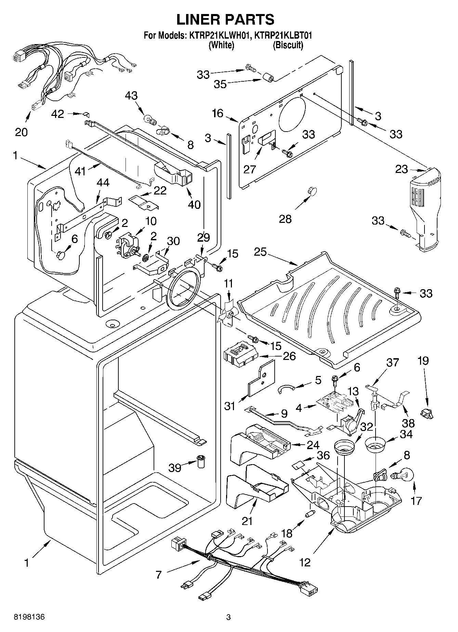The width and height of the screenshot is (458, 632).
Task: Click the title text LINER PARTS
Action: point(225,19)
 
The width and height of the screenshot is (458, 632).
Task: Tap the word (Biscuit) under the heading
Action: point(288,45)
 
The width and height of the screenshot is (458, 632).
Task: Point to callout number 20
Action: point(21,132)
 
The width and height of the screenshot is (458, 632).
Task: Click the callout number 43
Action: point(131,96)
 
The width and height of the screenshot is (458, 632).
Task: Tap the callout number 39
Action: point(175,467)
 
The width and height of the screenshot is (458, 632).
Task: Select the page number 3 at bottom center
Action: point(228,617)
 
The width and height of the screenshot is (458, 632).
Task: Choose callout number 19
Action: point(423,361)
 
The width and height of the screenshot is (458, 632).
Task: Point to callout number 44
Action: point(103,183)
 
